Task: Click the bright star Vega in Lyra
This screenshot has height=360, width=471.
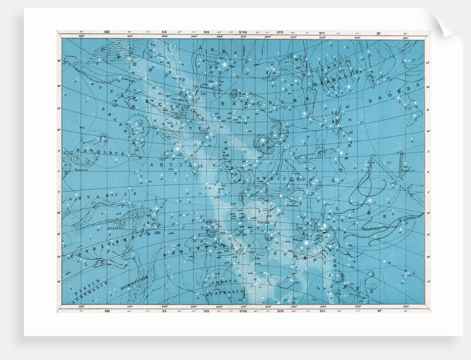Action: coord(224,65)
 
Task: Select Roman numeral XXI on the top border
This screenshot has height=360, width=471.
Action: coord(106,33)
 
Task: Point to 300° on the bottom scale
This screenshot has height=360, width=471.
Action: coord(164,307)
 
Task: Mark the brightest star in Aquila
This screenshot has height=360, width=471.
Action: coord(177,149)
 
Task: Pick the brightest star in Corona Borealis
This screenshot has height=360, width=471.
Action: coord(347,88)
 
